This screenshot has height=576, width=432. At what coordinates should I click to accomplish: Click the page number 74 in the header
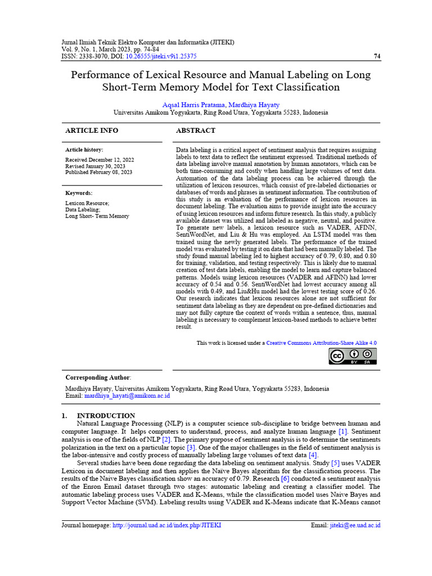click(377, 56)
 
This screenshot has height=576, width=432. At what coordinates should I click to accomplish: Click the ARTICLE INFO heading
click(92, 130)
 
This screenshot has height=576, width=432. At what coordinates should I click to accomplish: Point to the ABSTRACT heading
click(196, 130)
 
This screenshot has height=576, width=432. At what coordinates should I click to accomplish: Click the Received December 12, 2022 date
click(100, 160)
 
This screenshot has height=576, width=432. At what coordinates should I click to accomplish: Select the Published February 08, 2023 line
click(99, 172)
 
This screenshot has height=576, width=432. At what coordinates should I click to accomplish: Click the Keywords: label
click(79, 193)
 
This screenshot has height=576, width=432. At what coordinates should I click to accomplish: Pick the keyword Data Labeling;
click(82, 209)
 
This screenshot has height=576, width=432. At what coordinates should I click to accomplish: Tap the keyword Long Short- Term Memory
click(97, 216)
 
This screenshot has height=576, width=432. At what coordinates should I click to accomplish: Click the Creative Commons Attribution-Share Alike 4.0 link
click(321, 343)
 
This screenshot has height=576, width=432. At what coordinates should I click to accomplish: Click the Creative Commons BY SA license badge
click(353, 356)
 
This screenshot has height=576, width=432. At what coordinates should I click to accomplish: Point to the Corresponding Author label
click(98, 377)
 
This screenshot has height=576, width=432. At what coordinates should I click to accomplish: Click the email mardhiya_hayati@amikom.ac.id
click(127, 396)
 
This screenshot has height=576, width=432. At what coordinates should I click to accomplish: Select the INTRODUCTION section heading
click(106, 416)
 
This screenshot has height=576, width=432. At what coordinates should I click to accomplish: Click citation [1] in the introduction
click(343, 431)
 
